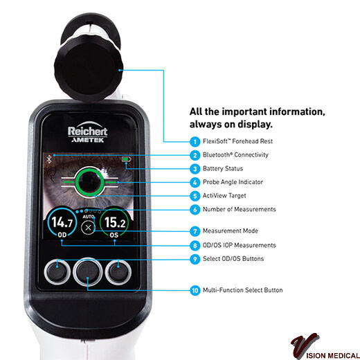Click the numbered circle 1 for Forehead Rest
click(195, 141)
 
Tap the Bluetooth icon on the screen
click(49, 159)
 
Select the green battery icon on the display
click(127, 159)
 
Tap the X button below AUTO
click(88, 228)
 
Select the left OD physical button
click(57, 272)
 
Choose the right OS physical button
click(118, 272)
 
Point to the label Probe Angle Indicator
click(233, 182)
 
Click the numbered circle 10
click(195, 290)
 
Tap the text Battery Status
click(223, 169)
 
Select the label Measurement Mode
click(231, 231)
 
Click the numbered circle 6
click(195, 210)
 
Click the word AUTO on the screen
click(88, 217)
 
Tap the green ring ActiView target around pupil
click(89, 182)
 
